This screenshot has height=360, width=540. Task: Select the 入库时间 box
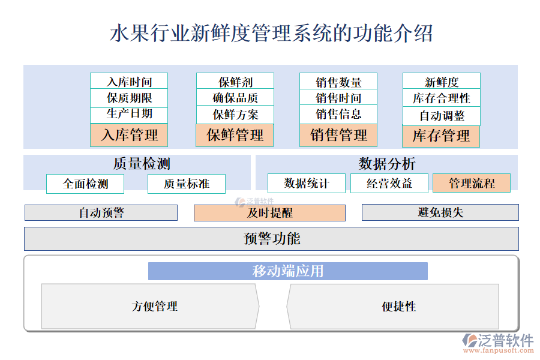click(x=129, y=82)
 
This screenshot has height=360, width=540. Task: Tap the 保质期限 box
click(x=129, y=98)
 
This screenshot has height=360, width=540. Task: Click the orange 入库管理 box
click(x=129, y=136)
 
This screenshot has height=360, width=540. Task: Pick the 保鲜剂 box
click(x=235, y=82)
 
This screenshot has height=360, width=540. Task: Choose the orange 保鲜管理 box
click(x=235, y=136)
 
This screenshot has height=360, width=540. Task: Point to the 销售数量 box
click(x=338, y=82)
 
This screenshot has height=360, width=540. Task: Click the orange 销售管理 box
click(x=338, y=136)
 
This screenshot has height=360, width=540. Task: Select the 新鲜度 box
click(x=441, y=82)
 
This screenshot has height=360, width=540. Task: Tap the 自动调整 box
click(x=441, y=115)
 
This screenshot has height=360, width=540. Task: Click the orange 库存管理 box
click(x=441, y=136)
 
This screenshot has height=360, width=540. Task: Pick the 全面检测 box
click(x=85, y=184)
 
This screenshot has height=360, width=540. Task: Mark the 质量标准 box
click(x=187, y=184)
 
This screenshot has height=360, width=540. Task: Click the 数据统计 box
click(x=307, y=183)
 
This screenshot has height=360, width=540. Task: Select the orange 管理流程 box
click(x=472, y=183)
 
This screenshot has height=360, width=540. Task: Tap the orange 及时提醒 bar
click(x=269, y=212)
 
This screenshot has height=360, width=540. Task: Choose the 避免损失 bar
click(x=440, y=212)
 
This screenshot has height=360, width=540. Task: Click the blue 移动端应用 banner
click(x=288, y=271)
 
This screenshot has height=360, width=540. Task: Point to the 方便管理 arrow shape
click(x=150, y=307)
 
